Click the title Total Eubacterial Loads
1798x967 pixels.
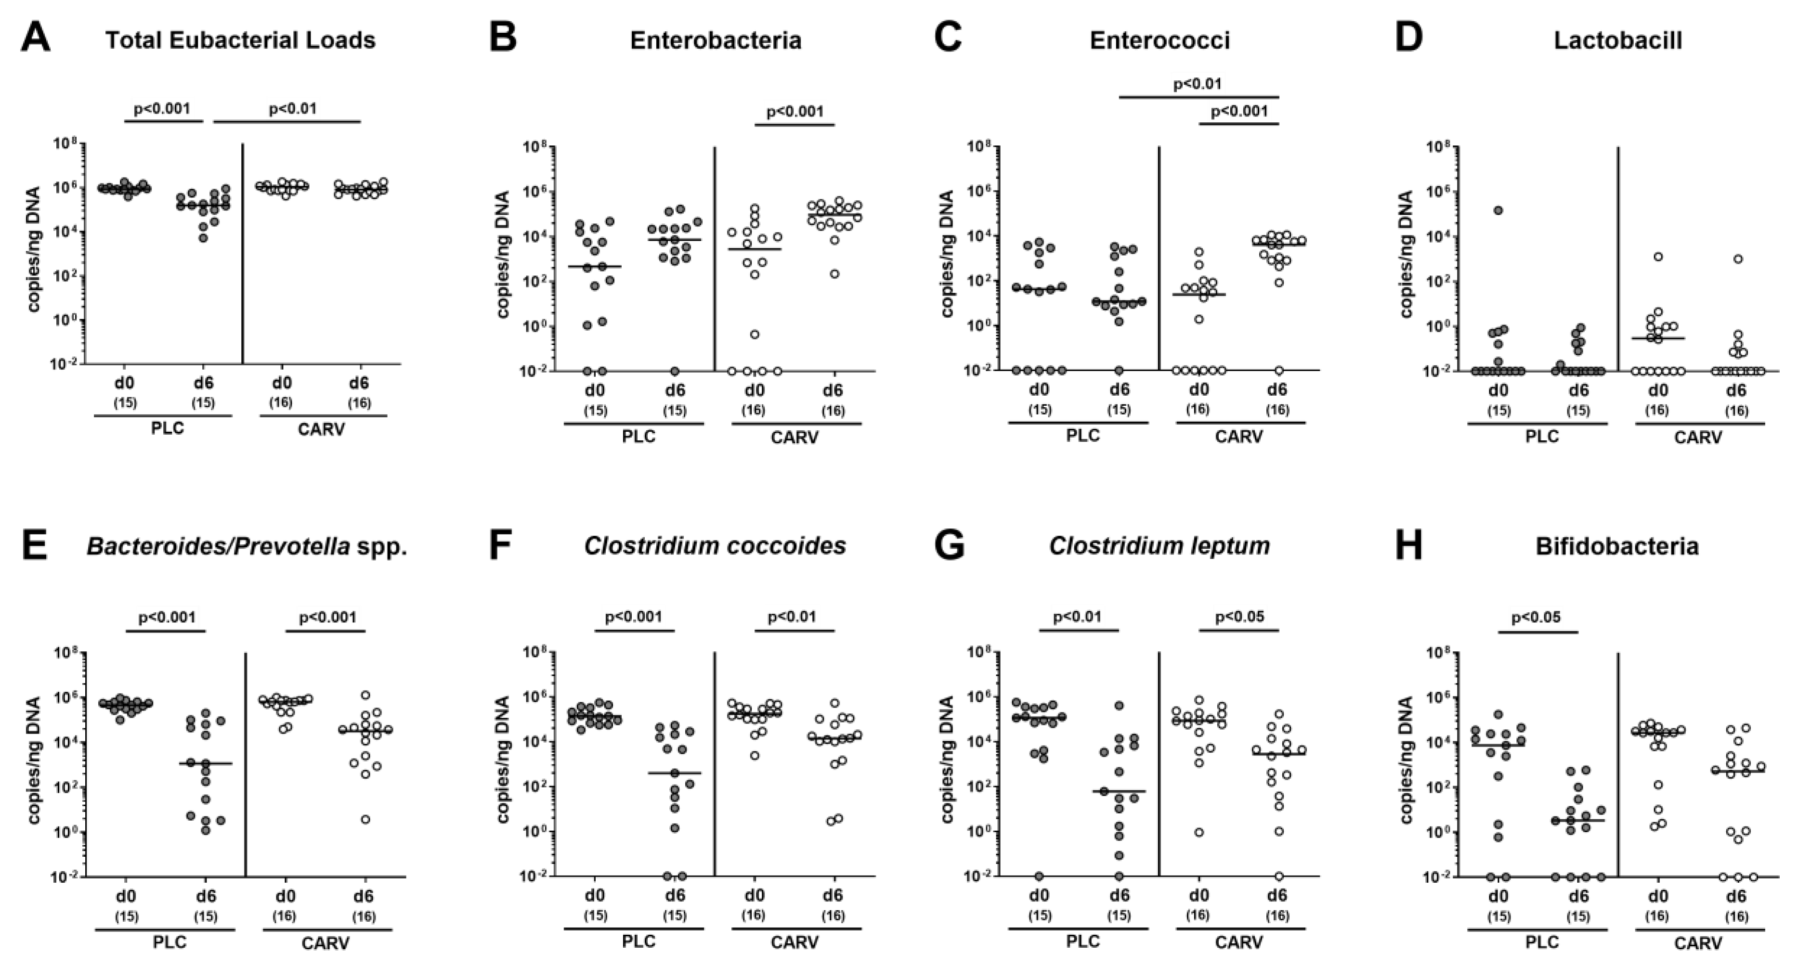(240, 40)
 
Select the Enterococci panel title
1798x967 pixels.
(1160, 40)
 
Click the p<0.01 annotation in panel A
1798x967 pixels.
(292, 109)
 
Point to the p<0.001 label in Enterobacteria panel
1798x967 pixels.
(795, 112)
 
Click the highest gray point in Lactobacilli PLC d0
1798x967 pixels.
(1498, 210)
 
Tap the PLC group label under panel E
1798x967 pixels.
(169, 942)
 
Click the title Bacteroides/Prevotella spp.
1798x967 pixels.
(247, 546)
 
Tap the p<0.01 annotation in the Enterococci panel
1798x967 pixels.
(1197, 84)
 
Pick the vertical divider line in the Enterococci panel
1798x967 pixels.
(1159, 258)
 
